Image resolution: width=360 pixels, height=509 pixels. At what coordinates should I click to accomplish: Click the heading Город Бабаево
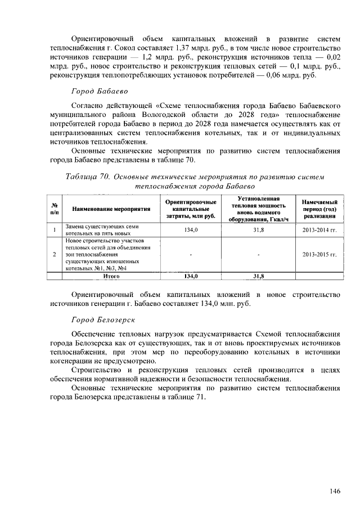click(100, 91)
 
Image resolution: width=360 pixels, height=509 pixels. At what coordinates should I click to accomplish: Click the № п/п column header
click(54, 209)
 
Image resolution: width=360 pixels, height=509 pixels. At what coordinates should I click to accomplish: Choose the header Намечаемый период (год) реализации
click(319, 209)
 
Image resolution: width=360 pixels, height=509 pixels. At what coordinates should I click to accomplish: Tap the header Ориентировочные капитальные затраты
click(191, 209)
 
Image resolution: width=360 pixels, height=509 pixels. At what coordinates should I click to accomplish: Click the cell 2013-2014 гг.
click(319, 230)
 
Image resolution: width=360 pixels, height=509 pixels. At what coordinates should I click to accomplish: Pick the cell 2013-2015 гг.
click(319, 254)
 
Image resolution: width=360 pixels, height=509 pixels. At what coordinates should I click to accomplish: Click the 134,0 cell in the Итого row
click(191, 276)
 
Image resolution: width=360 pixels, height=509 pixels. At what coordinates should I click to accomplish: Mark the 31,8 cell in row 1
click(258, 230)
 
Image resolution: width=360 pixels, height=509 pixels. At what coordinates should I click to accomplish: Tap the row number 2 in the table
click(54, 254)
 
